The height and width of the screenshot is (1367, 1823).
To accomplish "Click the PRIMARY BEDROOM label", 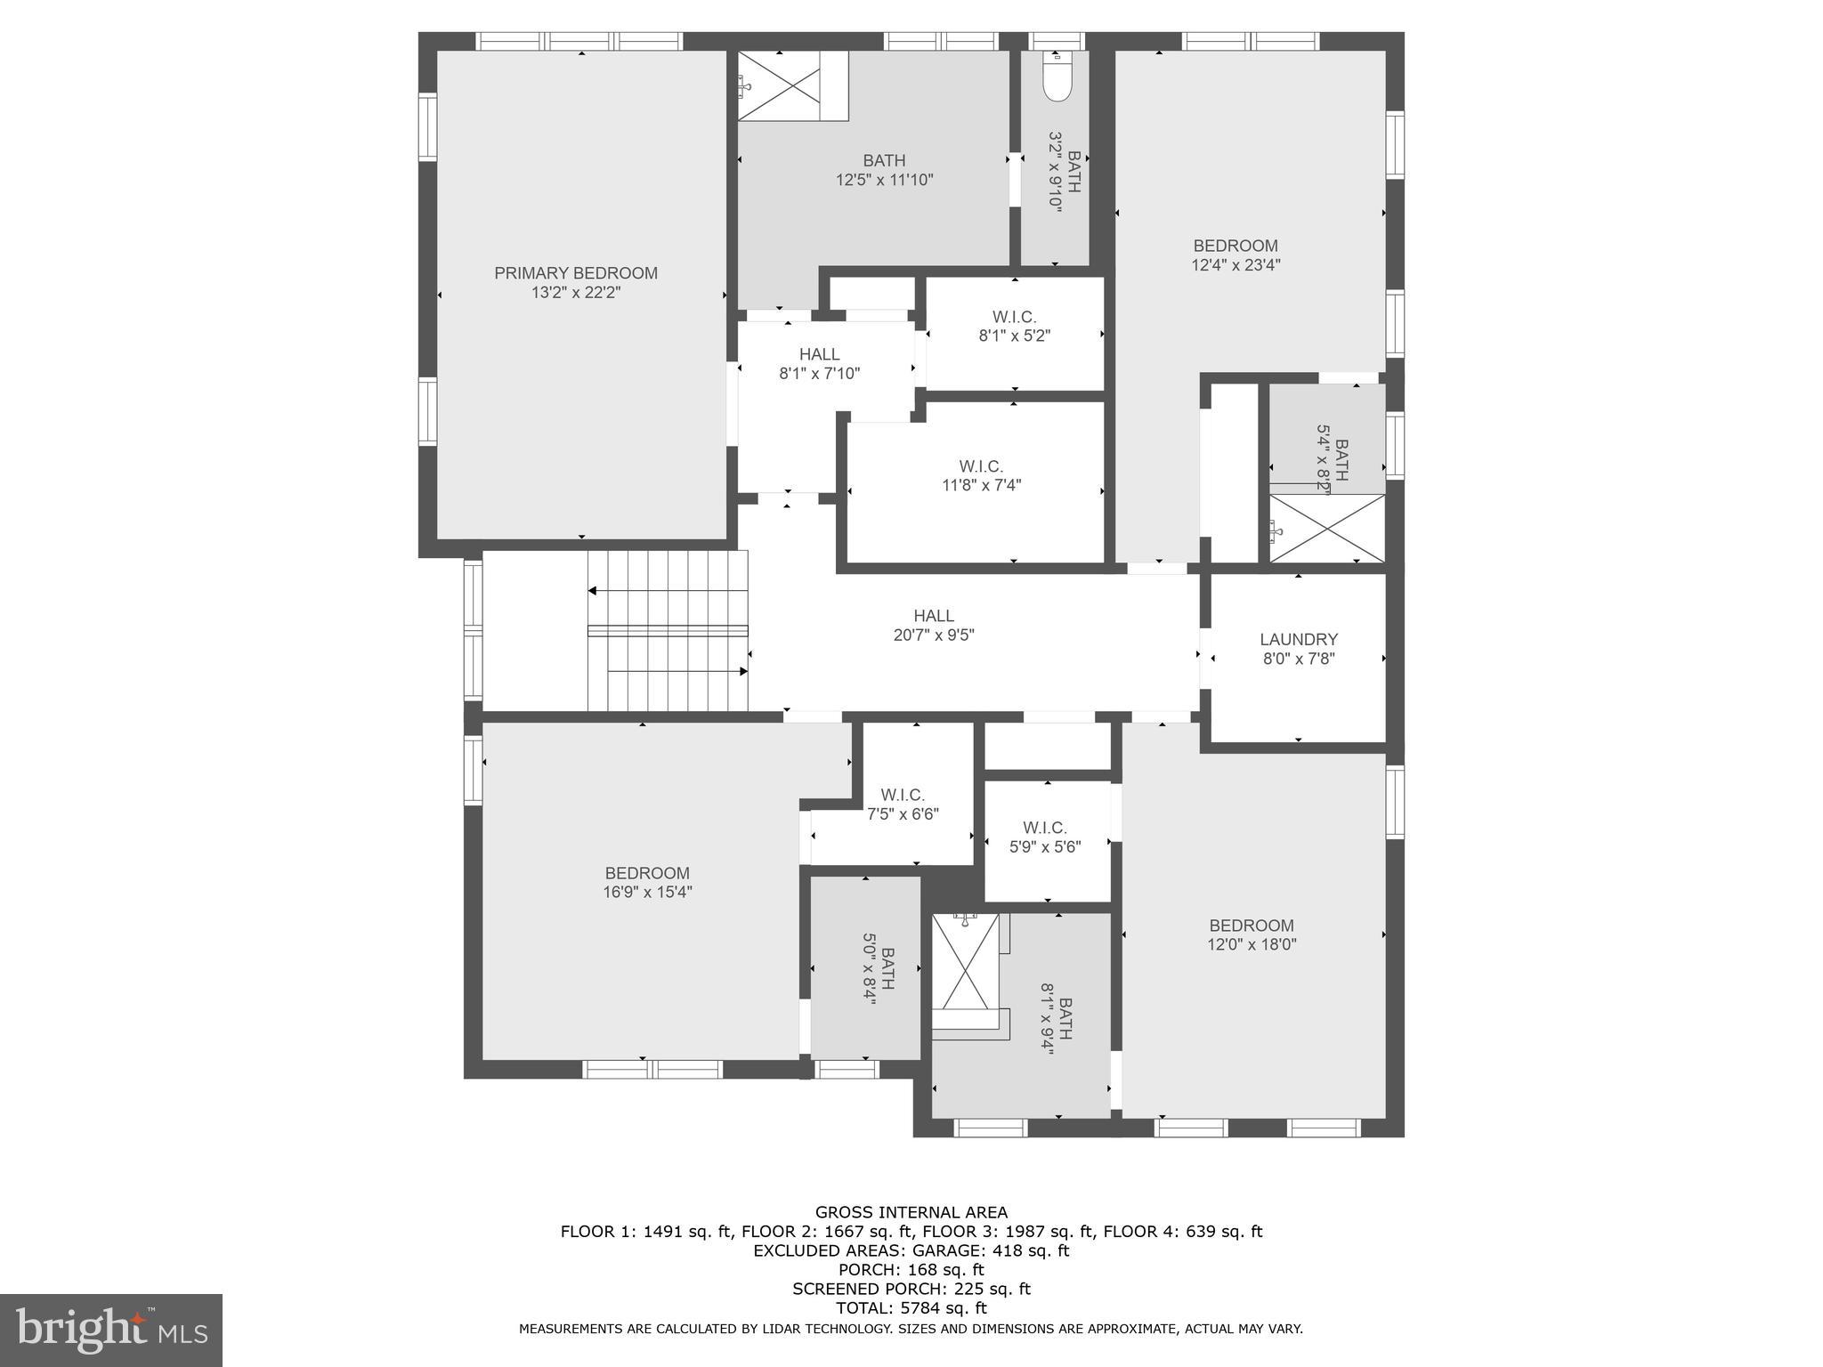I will coord(576,273).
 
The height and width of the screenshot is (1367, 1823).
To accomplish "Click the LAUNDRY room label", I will coord(1299,639).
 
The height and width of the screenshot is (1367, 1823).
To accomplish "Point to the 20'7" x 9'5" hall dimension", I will coord(934,635).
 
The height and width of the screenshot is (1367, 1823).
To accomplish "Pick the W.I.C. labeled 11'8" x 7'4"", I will coord(981,476).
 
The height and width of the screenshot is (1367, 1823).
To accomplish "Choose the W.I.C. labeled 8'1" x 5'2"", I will coord(1015,327).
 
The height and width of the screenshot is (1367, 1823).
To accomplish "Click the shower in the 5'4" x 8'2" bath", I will coord(1326,529).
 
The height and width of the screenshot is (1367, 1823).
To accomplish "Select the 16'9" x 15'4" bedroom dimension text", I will coord(647,892).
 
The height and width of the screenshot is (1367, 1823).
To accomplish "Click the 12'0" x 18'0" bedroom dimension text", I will coord(1252,944).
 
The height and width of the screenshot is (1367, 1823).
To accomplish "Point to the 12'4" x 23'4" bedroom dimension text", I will coord(1236,264).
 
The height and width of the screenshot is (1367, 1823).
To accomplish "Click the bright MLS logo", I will coord(111,1331).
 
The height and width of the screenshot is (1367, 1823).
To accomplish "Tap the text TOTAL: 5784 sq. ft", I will coord(911,1307).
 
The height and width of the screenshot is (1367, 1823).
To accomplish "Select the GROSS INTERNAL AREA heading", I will coord(911,1212).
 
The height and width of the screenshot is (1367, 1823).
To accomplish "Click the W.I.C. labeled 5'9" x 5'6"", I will coord(1045,837).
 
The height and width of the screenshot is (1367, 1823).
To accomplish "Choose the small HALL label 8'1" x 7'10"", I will coord(819,364).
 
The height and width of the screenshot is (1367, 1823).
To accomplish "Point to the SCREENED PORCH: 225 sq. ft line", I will coord(911,1289).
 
